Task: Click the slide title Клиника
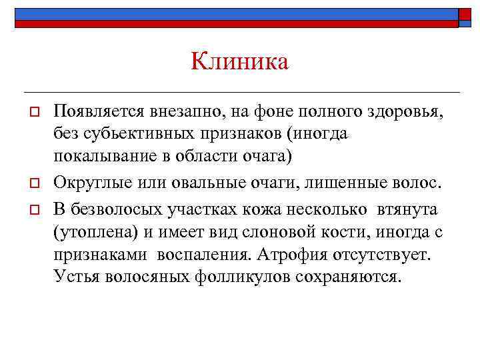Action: click(239, 62)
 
